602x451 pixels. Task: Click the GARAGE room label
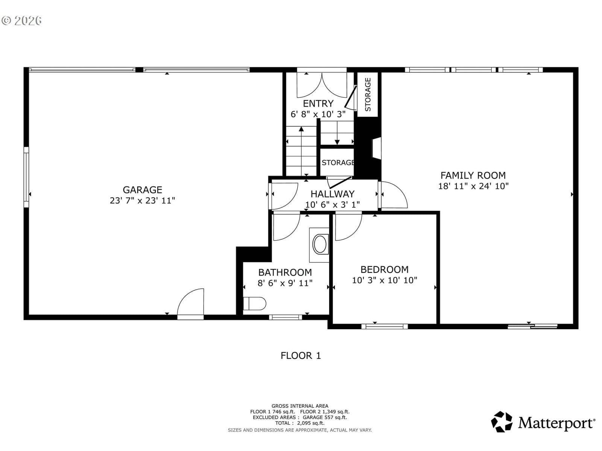[142, 190]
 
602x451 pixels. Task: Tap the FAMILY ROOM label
[473, 175]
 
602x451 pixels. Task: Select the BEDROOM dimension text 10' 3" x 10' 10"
[384, 280]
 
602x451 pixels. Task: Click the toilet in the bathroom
[254, 303]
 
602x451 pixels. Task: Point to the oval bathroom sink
[320, 244]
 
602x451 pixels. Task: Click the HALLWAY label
[332, 194]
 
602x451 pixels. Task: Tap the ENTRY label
[318, 103]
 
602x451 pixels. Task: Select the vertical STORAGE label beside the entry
[368, 94]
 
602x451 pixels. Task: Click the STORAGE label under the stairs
[338, 163]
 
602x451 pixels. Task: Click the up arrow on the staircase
[301, 151]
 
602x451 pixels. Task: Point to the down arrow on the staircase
[337, 133]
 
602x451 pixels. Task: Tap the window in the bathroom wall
[285, 317]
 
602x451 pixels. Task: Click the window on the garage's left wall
[26, 177]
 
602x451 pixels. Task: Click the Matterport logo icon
[502, 422]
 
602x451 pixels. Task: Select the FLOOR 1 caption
[301, 356]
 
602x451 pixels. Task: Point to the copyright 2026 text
[21, 21]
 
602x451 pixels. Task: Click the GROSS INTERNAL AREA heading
[300, 406]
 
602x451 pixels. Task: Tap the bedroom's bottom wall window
[385, 326]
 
